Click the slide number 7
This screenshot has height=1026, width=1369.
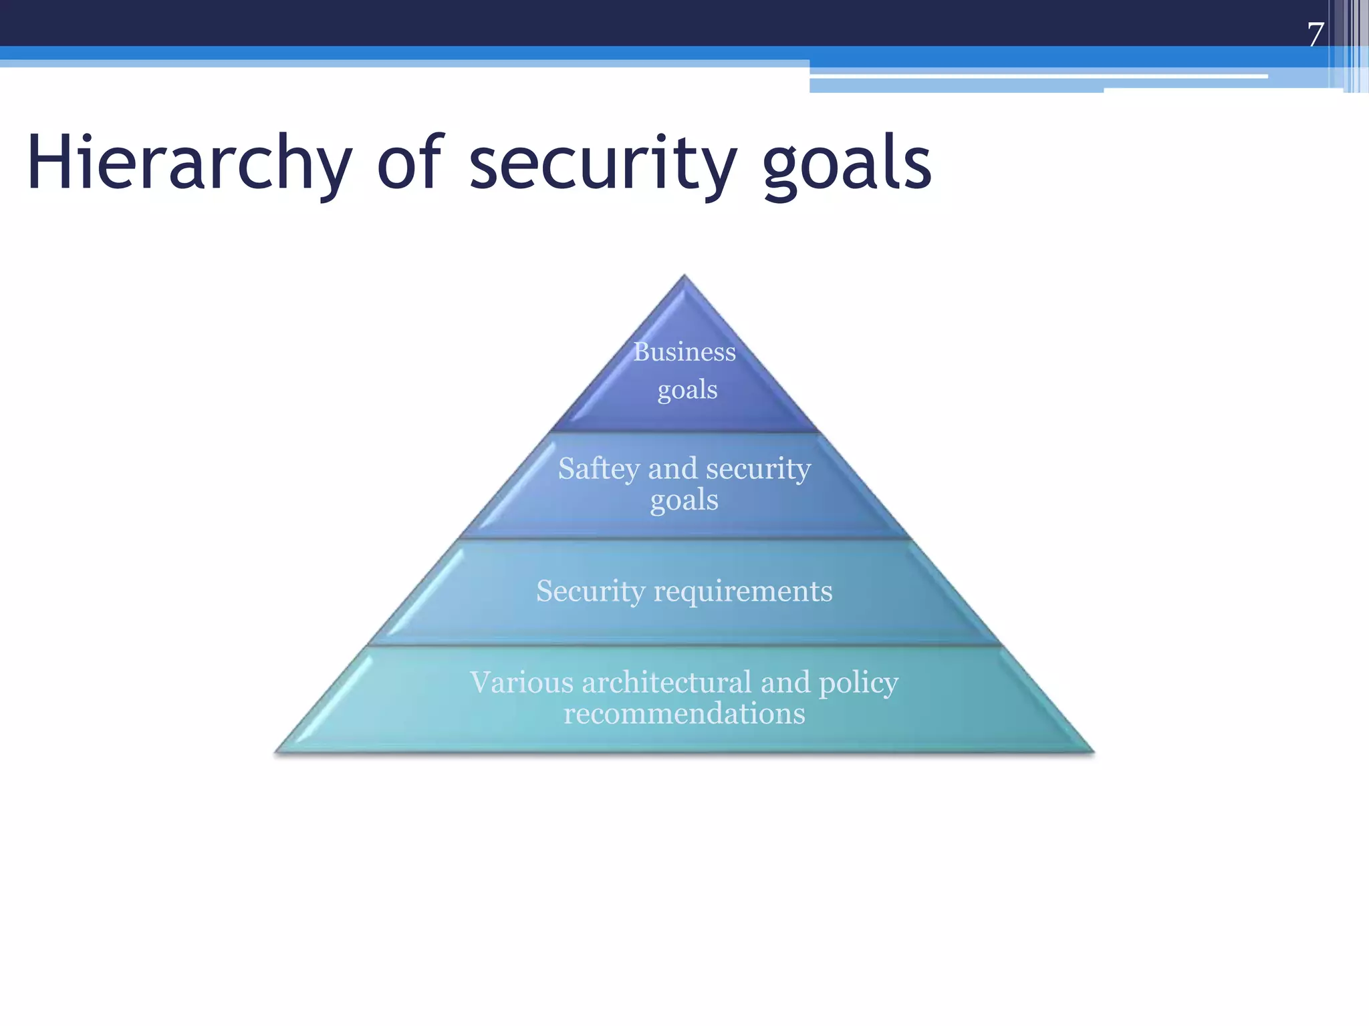[1316, 34]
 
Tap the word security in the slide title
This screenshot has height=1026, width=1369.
[602, 163]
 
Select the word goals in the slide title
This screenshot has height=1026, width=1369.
[847, 163]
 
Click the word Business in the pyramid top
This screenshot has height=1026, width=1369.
[684, 351]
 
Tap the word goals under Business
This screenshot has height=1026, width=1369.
[687, 390]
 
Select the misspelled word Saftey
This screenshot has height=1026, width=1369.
[599, 469]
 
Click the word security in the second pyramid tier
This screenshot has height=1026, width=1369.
[758, 469]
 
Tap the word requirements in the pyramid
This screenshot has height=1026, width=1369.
[743, 592]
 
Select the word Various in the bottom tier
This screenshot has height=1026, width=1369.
[521, 683]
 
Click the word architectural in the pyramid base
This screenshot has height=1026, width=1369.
[667, 683]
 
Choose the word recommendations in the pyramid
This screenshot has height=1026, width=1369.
[684, 713]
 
